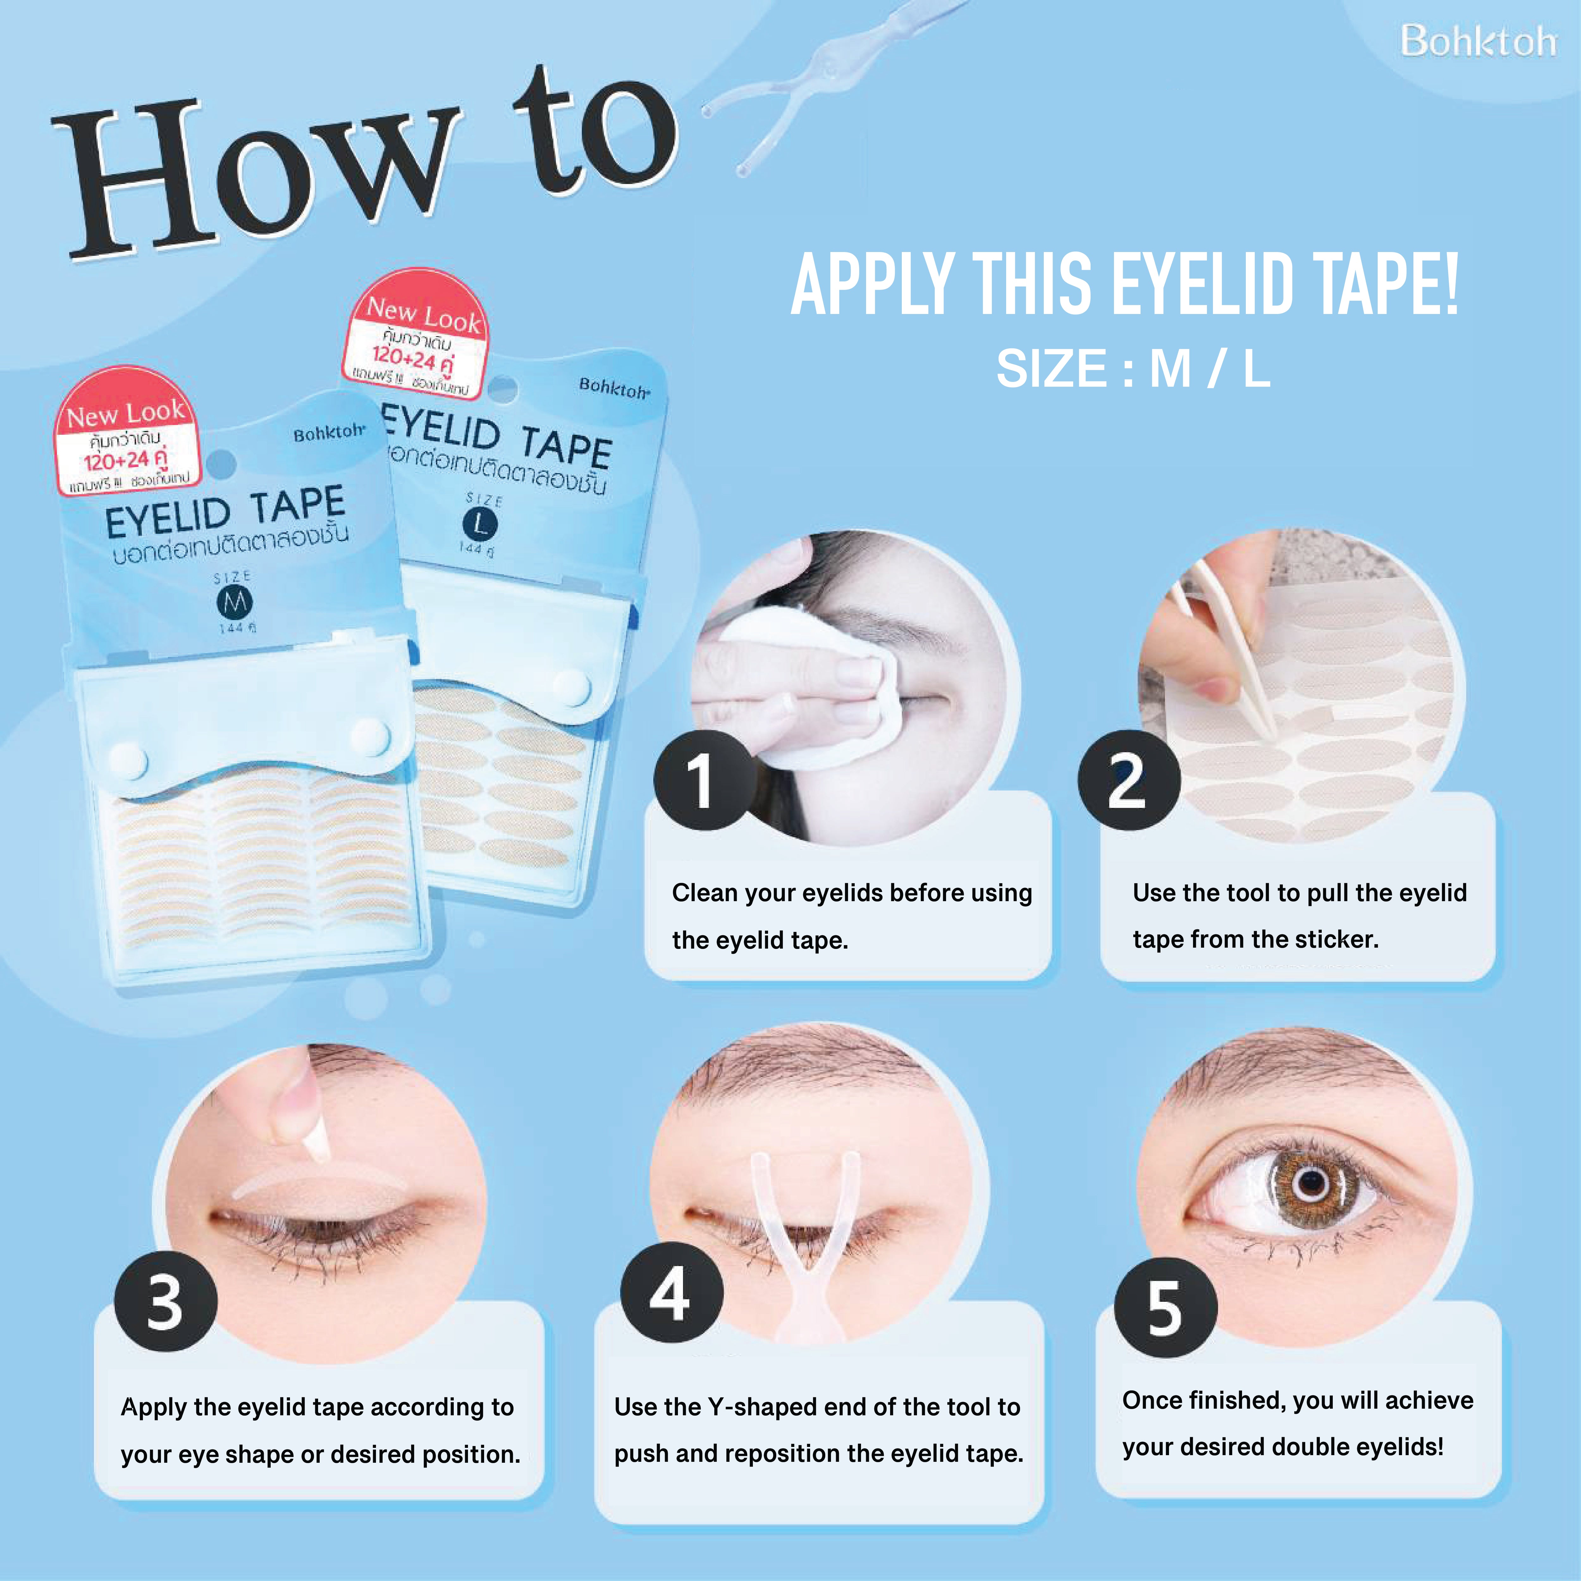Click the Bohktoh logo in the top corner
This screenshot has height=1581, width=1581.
tap(1477, 41)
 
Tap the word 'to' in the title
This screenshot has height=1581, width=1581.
tap(593, 131)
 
